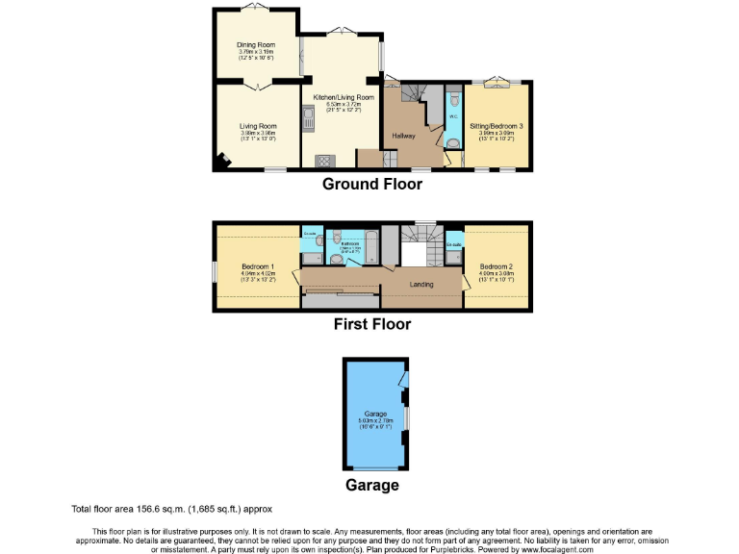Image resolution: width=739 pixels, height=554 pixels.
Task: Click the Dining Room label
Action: click(x=256, y=43)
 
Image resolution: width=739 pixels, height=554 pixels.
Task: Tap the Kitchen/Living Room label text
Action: click(x=344, y=97)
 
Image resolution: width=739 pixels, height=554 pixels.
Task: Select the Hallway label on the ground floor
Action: click(x=403, y=136)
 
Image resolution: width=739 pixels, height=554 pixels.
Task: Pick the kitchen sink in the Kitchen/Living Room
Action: click(x=309, y=119)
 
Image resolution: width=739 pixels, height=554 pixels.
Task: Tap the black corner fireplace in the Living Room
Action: click(x=223, y=162)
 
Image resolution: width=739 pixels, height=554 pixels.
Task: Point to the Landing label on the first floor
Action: click(x=421, y=285)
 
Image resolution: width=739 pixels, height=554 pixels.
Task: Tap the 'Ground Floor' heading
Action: click(x=371, y=184)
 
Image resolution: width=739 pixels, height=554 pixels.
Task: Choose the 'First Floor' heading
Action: click(x=371, y=324)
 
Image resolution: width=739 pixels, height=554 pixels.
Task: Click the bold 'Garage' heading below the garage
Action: click(x=372, y=486)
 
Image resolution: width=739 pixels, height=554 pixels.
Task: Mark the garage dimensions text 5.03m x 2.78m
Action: click(x=374, y=420)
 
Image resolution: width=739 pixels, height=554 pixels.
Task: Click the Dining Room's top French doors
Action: click(x=256, y=8)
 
